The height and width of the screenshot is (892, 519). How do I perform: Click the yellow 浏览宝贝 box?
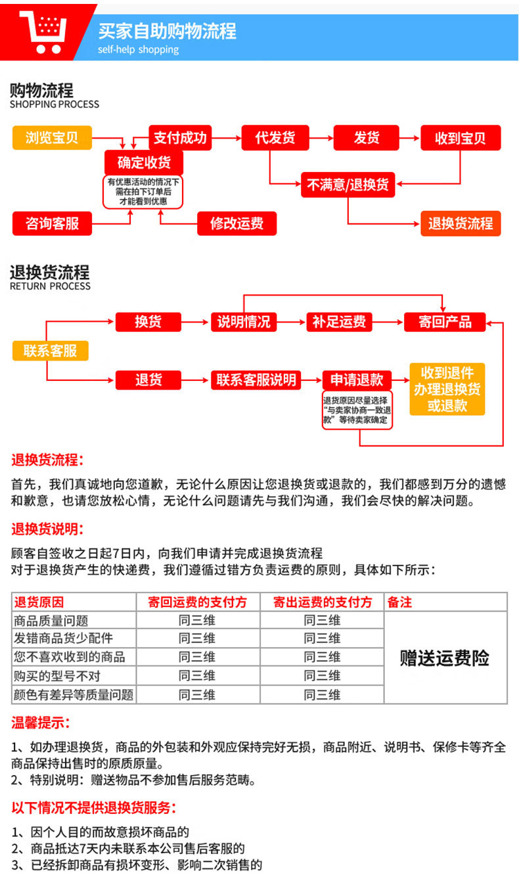point(52,138)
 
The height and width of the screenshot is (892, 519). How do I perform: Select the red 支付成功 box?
point(180,138)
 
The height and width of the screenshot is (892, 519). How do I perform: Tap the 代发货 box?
point(275,138)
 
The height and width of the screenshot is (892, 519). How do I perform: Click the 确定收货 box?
point(143,162)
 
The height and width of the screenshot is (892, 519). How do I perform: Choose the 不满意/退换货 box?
point(348,185)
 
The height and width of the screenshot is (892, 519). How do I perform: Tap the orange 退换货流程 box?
point(461,223)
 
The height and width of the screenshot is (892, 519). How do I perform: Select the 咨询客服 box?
point(52,223)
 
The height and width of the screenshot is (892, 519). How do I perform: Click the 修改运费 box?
point(237,223)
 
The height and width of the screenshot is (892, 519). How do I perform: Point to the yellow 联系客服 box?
point(50,351)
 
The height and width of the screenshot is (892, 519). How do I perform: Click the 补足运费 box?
point(339,322)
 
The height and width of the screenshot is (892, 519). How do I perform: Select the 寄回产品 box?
point(445,322)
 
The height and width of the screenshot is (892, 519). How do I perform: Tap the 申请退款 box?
point(357,380)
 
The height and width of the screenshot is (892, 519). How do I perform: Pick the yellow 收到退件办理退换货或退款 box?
point(447,389)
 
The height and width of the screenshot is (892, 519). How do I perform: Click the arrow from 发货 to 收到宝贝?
point(410,138)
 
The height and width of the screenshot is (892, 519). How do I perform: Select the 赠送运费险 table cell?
point(445,658)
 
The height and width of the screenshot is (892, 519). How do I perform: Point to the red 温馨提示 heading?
point(41,723)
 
